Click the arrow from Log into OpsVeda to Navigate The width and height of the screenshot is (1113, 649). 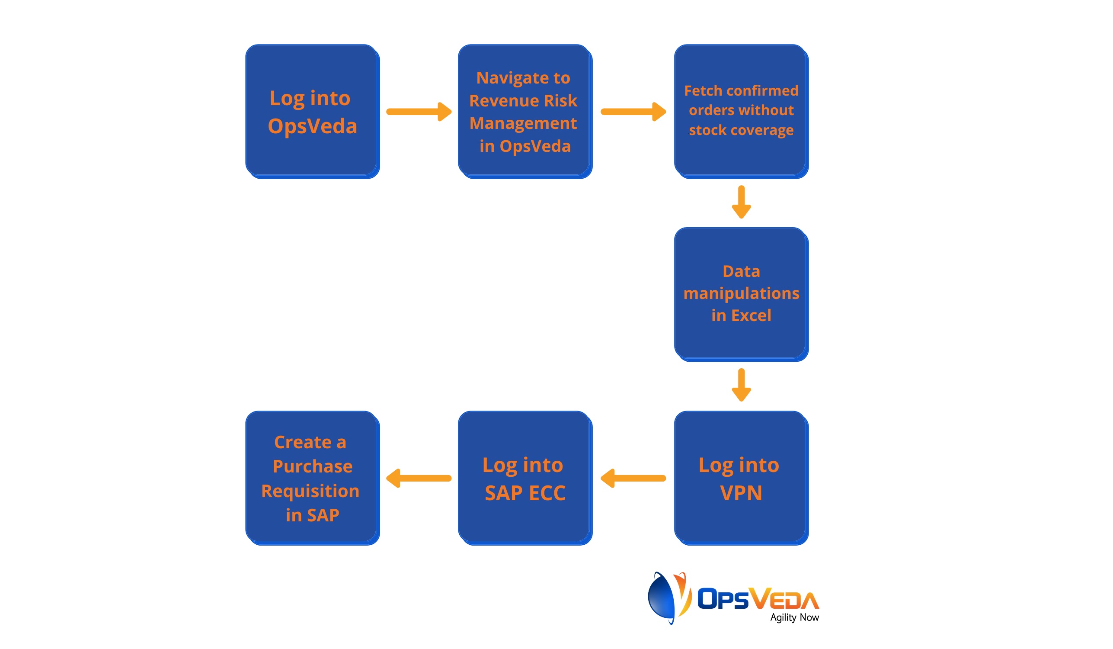[419, 111]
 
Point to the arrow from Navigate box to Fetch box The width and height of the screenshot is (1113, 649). [633, 111]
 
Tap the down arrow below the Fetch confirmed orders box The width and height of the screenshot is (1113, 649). [741, 202]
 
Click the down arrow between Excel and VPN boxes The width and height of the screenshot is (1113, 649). [741, 385]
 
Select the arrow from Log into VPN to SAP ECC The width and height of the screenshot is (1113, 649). [633, 478]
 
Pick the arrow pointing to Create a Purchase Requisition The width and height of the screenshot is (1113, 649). [419, 478]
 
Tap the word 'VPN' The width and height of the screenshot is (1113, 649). [741, 493]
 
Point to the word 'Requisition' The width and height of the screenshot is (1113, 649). [310, 491]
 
